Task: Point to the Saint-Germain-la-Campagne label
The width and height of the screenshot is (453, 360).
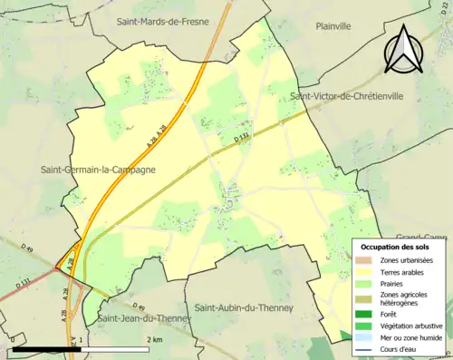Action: click(x=98, y=169)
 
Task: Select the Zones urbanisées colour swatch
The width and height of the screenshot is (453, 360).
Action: click(x=364, y=261)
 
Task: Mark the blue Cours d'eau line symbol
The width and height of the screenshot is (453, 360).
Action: click(x=364, y=348)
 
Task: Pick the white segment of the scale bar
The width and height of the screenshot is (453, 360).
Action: click(x=119, y=349)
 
